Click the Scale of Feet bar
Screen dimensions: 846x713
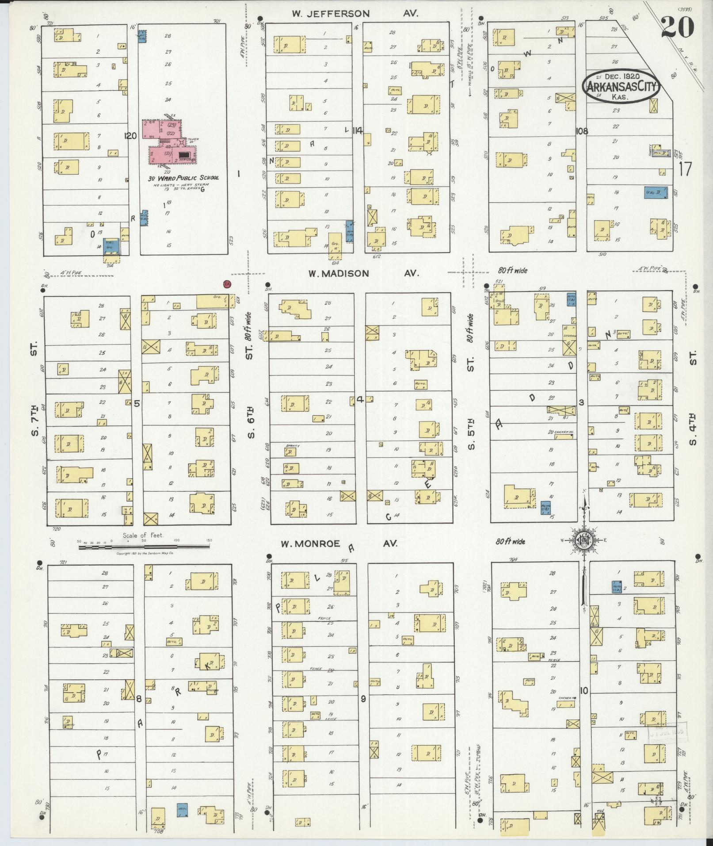(144, 547)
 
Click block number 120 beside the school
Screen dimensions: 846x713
(130, 136)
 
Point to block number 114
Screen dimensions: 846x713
(358, 130)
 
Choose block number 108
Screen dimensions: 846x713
(582, 131)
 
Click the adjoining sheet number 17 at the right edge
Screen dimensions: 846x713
(685, 169)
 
